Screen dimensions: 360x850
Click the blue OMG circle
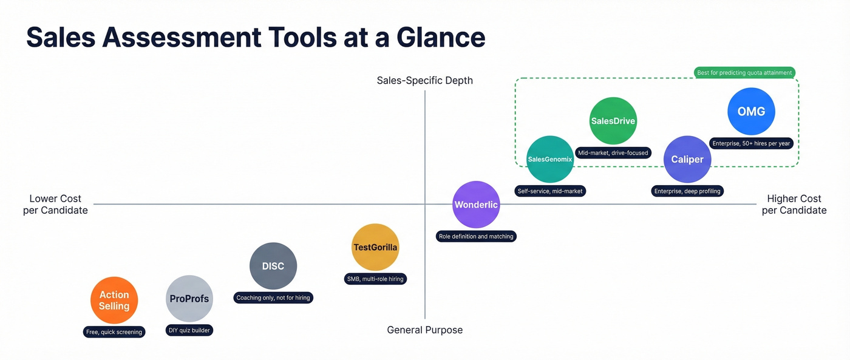(x=751, y=111)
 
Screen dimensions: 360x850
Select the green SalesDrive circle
(x=613, y=121)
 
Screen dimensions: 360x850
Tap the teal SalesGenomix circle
(x=550, y=159)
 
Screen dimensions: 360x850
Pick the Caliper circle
(x=687, y=159)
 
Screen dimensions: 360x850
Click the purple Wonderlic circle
(x=477, y=205)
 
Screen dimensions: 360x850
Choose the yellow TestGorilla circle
(x=375, y=247)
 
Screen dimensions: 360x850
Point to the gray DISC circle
(x=273, y=266)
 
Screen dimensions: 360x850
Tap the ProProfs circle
(x=189, y=299)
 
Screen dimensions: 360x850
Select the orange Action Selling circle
(x=114, y=301)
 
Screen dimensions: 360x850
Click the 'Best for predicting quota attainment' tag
(x=744, y=73)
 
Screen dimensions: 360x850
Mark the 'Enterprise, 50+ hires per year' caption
(x=751, y=143)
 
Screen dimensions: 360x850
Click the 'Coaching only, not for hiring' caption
(x=273, y=297)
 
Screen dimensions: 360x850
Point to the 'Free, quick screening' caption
(x=114, y=331)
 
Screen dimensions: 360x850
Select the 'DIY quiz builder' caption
(x=189, y=331)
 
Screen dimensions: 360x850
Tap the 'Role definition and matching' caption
(x=476, y=236)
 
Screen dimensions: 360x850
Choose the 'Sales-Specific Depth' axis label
(x=424, y=81)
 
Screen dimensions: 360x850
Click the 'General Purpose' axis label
(x=424, y=330)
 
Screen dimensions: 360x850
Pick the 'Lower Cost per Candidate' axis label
(x=55, y=205)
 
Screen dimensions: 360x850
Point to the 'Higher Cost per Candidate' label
(x=794, y=205)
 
